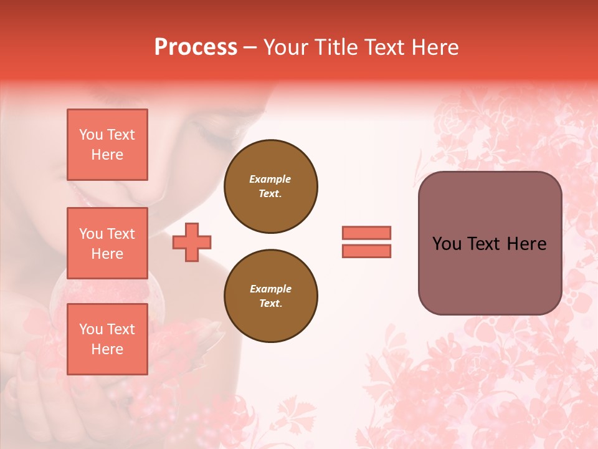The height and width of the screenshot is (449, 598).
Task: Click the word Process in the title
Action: (x=196, y=47)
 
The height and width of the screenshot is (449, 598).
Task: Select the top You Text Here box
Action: (x=107, y=145)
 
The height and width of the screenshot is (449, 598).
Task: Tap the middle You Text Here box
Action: (x=107, y=243)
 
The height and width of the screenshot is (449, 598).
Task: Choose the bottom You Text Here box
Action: (x=107, y=339)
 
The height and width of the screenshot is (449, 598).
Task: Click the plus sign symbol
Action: (x=192, y=243)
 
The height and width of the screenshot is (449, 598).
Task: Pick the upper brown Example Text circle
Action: (x=270, y=186)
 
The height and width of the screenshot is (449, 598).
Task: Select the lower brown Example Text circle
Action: (x=270, y=296)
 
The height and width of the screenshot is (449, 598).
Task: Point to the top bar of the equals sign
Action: (x=366, y=233)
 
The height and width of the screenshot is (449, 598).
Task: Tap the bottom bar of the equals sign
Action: (x=366, y=251)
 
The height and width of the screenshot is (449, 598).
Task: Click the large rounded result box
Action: (x=490, y=243)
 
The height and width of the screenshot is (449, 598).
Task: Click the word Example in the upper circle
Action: (x=270, y=179)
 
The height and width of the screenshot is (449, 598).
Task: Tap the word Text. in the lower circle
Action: (x=270, y=303)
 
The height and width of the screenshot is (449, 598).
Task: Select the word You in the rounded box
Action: (x=446, y=244)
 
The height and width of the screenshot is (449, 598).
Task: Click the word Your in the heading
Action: (x=285, y=47)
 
